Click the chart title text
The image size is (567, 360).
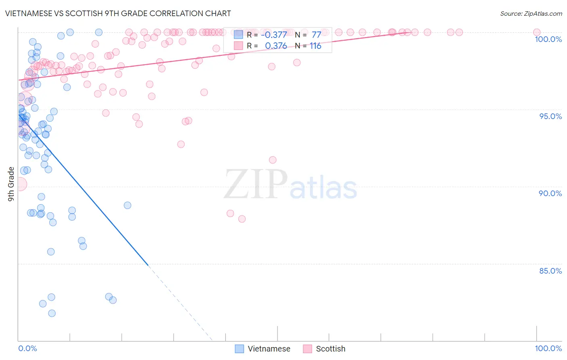118,13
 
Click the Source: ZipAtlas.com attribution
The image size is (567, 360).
531,13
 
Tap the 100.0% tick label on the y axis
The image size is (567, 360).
548,39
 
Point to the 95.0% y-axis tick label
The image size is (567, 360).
550,116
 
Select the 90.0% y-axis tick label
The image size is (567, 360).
550,193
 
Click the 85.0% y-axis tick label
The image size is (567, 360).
550,271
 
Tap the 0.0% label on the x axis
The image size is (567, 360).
27,348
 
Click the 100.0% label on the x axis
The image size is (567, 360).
548,348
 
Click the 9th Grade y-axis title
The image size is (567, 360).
11,184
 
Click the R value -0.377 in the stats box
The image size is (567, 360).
274,35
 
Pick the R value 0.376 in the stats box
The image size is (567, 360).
276,46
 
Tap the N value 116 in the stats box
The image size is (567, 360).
315,46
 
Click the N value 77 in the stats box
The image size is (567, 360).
316,35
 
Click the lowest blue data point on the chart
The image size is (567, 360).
52,313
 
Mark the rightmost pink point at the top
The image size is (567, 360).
536,32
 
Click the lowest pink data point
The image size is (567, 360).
242,219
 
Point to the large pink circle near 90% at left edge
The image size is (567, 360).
19,184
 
